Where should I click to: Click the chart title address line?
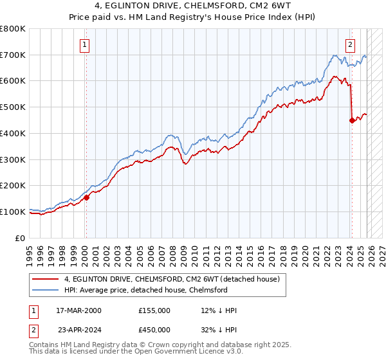pos(193,6)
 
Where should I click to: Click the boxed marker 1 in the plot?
pos(86,45)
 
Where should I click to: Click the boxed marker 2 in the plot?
pos(350,45)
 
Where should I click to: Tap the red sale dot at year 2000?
pos(86,197)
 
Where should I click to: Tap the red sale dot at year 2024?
pos(352,120)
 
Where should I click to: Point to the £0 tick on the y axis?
pos(21,238)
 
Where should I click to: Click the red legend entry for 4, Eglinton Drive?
pos(172,279)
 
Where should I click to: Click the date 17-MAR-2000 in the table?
pos(79,310)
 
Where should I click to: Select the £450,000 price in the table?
pos(154,330)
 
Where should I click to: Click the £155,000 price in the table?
pos(154,310)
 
